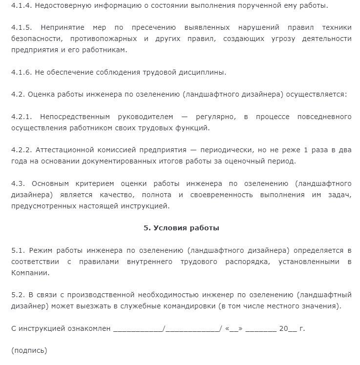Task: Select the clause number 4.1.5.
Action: click(21, 28)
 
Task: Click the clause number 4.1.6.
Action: click(21, 72)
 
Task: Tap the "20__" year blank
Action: click(288, 328)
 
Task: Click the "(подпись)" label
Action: click(29, 350)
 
